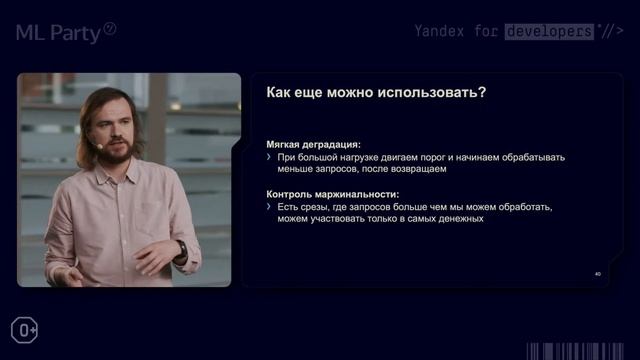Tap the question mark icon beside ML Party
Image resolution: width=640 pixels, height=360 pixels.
[x=110, y=29]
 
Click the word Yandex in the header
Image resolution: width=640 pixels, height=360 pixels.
[x=441, y=31]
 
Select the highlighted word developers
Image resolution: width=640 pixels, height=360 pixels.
[x=548, y=31]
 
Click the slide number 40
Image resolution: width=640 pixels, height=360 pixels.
[x=597, y=273]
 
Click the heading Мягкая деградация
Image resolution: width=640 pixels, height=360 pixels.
[x=314, y=144]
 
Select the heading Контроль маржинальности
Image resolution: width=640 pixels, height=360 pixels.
[x=333, y=193]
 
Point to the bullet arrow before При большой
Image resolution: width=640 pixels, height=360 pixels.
[x=269, y=157]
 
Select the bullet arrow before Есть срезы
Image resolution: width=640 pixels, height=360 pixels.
[x=269, y=206]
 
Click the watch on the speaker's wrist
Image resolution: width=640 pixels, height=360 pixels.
[x=181, y=252]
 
